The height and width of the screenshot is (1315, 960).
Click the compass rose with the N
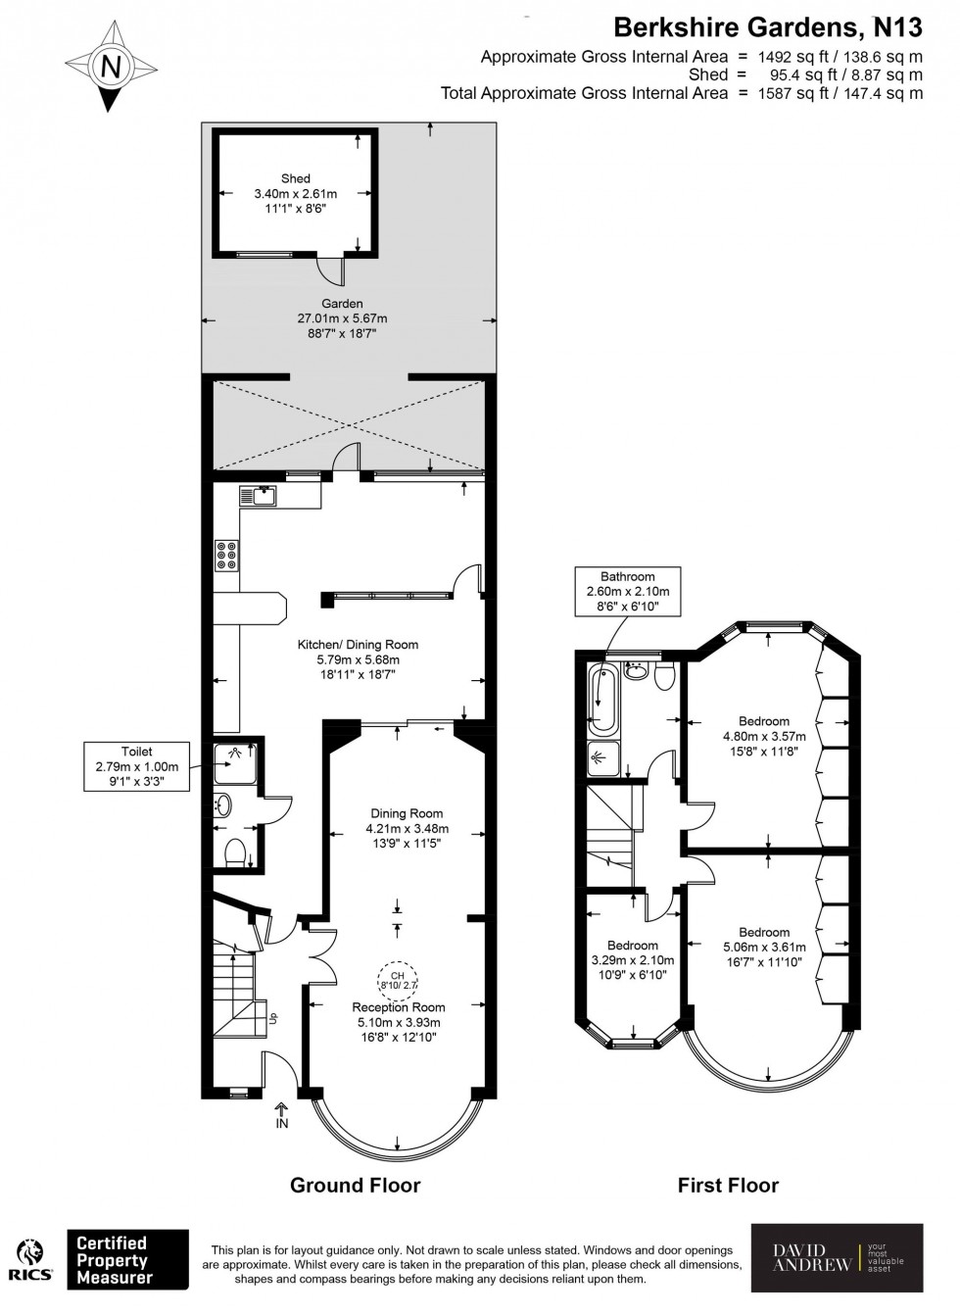coord(111,67)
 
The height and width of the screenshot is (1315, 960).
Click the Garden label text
coord(342,318)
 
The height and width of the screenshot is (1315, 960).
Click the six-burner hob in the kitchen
coord(226,556)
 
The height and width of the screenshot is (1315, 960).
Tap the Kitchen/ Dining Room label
coord(358,659)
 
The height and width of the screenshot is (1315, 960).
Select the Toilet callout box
coord(137,767)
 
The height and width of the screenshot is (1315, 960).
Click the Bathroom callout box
coord(627,591)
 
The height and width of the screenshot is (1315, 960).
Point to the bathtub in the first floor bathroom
coord(600,700)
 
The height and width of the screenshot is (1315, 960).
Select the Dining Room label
coord(407,828)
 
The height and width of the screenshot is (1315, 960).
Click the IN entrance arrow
coord(282,1116)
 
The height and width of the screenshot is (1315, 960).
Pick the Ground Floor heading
coord(355,1185)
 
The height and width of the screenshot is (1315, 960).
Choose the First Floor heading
coord(728,1185)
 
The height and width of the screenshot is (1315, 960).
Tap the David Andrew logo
coord(837,1258)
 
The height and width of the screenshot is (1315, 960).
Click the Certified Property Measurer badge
coord(126,1260)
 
